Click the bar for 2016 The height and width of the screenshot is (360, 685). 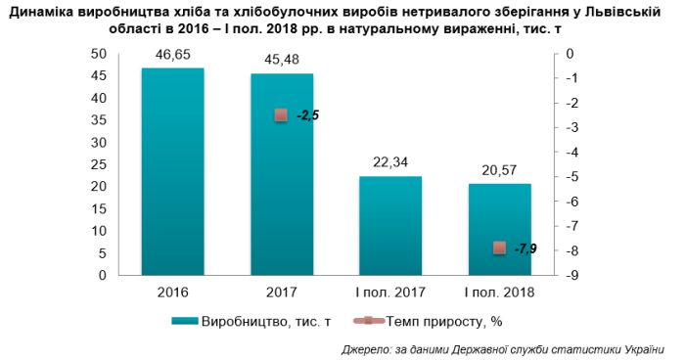tap(172, 171)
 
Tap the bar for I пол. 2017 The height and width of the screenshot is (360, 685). tap(389, 225)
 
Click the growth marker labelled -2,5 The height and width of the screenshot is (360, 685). tap(281, 115)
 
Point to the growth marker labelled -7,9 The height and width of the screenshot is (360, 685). tap(499, 248)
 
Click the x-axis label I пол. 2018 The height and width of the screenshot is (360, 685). tap(499, 292)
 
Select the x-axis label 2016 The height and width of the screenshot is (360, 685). tap(172, 292)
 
